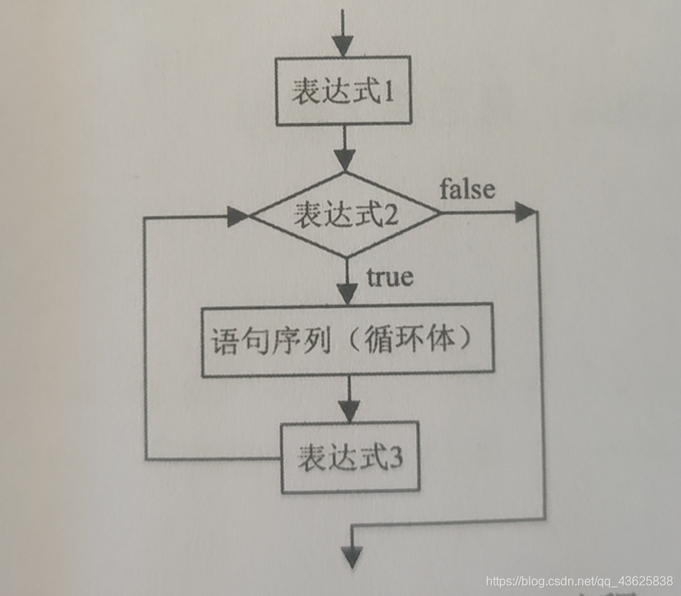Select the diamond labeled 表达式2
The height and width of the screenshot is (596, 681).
pyautogui.click(x=345, y=214)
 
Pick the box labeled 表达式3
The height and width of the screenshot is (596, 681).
pyautogui.click(x=349, y=457)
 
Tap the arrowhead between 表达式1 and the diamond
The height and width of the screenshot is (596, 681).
pyautogui.click(x=345, y=160)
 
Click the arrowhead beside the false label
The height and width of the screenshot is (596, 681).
pyautogui.click(x=525, y=213)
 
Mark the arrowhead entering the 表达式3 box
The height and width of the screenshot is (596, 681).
pyautogui.click(x=349, y=410)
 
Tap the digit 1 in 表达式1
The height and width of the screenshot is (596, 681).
pyautogui.click(x=388, y=92)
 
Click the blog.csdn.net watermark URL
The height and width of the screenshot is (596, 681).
pyautogui.click(x=580, y=580)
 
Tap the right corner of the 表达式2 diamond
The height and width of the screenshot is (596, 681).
pyautogui.click(x=439, y=214)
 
